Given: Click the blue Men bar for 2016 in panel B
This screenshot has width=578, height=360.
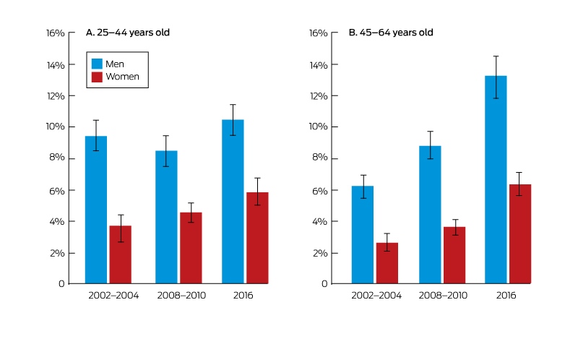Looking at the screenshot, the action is pos(496,179).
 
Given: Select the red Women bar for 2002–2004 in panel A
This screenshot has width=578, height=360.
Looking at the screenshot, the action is pos(121,254).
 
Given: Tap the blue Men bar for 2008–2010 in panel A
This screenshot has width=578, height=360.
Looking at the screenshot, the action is pos(166,217).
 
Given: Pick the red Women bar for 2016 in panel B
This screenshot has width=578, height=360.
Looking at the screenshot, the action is pos(520,233).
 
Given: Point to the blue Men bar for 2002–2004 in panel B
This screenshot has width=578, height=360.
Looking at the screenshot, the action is pos(363,235).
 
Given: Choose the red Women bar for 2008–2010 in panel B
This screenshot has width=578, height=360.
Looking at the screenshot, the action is pos(454,255).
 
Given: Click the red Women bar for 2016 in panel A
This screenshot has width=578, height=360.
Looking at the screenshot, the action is pos(257,238).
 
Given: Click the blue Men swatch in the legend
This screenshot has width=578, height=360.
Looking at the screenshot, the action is pos(97,64).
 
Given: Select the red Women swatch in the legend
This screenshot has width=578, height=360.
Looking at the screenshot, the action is pos(97,77).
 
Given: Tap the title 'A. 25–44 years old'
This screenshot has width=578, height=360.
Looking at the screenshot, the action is pos(128,33).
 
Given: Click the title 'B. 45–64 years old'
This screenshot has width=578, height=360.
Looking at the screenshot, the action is pos(391,33).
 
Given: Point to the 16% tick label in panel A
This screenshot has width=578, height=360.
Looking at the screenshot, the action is pos(56,33).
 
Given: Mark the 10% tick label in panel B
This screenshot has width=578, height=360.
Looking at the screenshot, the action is pos(318,127).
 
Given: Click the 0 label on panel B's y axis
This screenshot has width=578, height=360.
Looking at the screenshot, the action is pos(324,283).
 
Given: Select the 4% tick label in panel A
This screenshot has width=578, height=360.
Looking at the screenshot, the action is pos(57,222).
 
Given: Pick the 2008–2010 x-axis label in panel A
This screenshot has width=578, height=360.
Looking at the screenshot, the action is pos(181,296).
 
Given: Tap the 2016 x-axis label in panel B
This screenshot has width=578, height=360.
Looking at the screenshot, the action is pos(506,296).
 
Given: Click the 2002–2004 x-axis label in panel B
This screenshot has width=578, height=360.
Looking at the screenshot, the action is pos(376,296).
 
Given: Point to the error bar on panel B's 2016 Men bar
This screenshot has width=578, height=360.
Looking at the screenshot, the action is pos(496,77).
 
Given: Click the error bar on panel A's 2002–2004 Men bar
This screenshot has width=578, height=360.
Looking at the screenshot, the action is pos(96,135).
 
